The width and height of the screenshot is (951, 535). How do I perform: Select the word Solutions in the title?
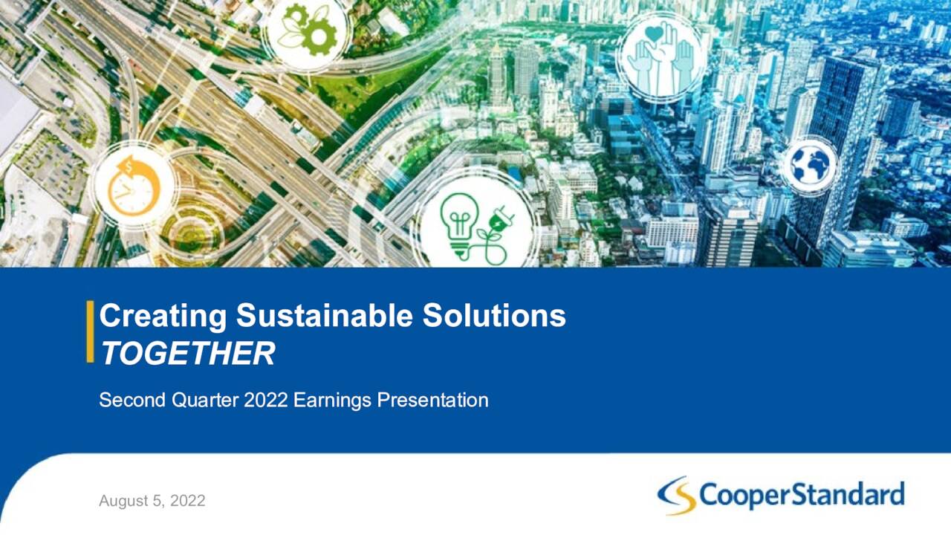(x=494, y=317)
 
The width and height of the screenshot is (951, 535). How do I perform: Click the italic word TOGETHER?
(x=187, y=354)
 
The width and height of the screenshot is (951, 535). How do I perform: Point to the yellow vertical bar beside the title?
(x=90, y=332)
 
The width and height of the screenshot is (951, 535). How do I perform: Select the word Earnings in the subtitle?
(x=332, y=401)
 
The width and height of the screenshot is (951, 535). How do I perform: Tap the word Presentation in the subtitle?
(x=432, y=401)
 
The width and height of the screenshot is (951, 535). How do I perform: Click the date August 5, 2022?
(x=152, y=501)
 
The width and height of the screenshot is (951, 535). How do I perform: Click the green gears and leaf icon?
(x=306, y=30)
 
